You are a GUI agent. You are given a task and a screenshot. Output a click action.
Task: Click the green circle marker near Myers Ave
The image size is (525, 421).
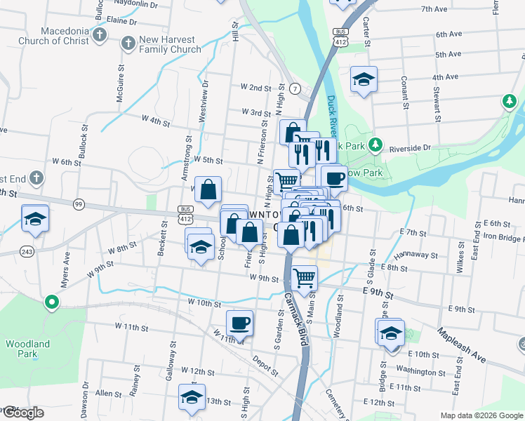click(51, 303)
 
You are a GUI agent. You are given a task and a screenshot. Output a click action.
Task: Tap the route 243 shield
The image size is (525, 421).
click(27, 251)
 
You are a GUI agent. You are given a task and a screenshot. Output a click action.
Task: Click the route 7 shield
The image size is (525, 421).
click(296, 89)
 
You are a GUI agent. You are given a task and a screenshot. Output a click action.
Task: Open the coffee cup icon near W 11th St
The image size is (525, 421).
click(239, 323)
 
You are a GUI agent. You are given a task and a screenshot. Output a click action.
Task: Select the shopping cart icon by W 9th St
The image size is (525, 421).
click(304, 278)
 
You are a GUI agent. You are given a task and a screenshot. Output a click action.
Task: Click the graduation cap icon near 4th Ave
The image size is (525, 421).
click(364, 79)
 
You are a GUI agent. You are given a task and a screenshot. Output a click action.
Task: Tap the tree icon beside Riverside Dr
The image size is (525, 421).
click(376, 145)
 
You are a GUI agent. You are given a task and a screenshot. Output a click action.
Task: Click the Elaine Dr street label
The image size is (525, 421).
click(121, 21)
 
